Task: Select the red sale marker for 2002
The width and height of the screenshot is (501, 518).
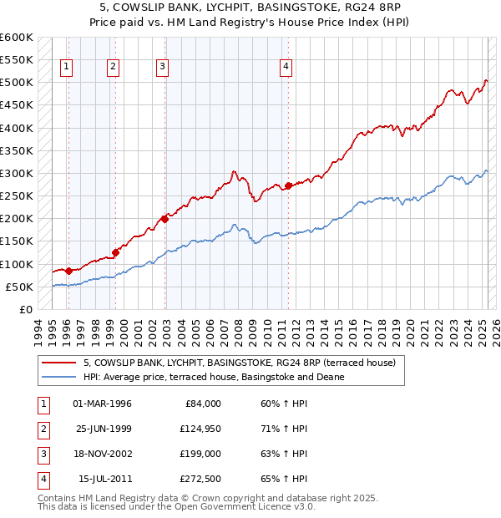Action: (x=165, y=219)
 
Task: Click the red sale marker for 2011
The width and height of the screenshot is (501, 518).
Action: (x=288, y=185)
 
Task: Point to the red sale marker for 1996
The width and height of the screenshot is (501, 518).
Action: (x=68, y=271)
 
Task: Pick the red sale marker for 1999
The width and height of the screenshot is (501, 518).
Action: (x=115, y=251)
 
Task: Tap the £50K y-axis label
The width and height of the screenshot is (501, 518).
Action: (x=19, y=287)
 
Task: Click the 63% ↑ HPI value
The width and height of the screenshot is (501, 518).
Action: (x=278, y=454)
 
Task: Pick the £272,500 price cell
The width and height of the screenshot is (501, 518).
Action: (x=201, y=479)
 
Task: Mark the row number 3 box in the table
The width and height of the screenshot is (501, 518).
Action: (x=43, y=454)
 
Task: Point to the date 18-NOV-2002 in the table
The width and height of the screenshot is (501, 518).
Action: (x=103, y=454)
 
